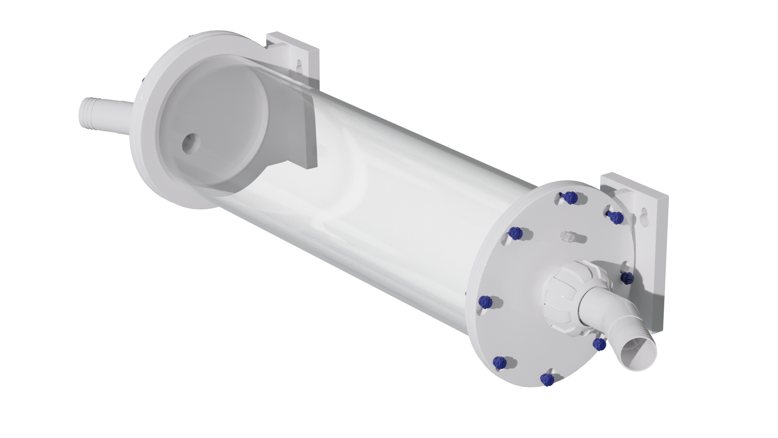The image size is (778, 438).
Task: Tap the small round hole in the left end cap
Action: click(x=189, y=144)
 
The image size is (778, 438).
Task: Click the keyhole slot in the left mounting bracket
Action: click(x=299, y=67)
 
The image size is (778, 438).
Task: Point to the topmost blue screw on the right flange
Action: click(x=571, y=198)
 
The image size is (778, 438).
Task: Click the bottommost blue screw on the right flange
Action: click(x=547, y=379)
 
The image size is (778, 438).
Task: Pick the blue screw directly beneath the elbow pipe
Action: click(x=598, y=344)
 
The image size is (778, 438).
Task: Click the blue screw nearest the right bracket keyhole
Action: click(x=616, y=217)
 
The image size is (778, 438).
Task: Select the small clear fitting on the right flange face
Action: click(x=567, y=236)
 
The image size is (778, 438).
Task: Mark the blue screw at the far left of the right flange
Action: click(x=485, y=301)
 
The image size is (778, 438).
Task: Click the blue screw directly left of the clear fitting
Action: click(x=515, y=233)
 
